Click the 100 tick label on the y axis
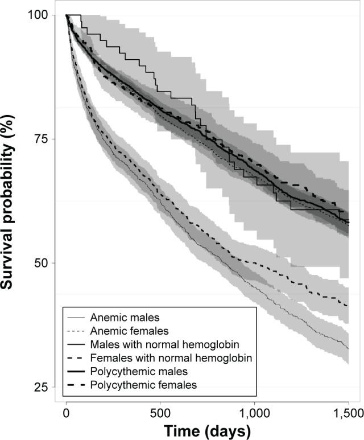point(38,15)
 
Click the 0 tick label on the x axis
point(67,413)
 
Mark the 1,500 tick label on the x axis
point(348,413)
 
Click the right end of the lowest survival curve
point(348,348)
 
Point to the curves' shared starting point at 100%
point(67,15)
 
